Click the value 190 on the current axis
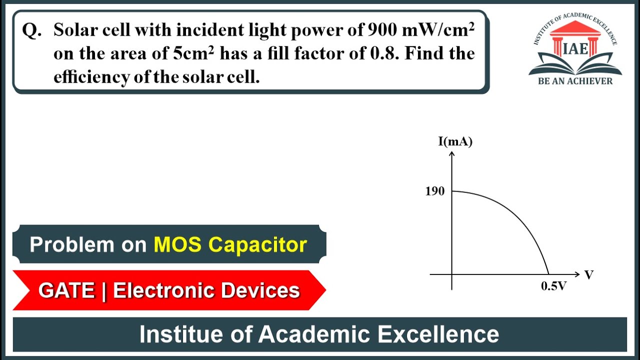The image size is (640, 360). [x=434, y=191]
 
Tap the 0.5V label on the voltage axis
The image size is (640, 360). [x=554, y=286]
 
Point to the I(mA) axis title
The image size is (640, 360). [x=455, y=141]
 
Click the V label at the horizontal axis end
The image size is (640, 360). [x=589, y=274]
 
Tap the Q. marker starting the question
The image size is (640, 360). [x=32, y=31]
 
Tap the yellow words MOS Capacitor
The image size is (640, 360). [x=230, y=244]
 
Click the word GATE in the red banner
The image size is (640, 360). [x=66, y=290]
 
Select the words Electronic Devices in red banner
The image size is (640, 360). [x=206, y=290]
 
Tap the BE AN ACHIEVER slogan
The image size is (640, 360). [x=575, y=81]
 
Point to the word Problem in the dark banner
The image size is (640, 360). [x=72, y=244]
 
